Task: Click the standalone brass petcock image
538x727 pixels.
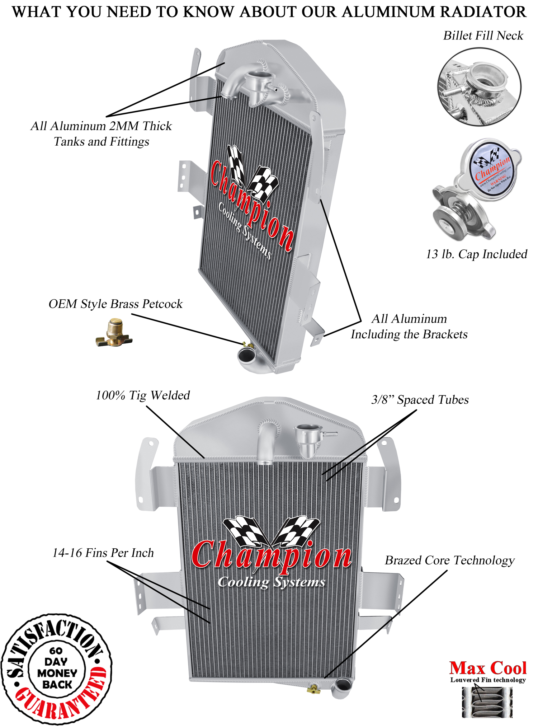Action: [114, 333]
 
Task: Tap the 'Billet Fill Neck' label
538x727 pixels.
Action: [483, 36]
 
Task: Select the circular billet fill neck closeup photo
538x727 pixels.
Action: [479, 86]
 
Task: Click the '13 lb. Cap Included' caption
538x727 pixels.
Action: [476, 254]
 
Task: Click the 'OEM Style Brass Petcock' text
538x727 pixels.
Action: [115, 304]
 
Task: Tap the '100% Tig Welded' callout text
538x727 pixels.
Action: [143, 395]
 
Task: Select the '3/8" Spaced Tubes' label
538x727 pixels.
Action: [420, 399]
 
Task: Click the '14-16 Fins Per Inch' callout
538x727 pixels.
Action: [103, 553]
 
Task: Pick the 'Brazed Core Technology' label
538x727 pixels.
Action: [449, 560]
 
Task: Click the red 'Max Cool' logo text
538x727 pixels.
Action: [487, 668]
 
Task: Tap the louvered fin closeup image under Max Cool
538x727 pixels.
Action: [487, 702]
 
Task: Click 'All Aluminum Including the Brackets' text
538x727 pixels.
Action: [409, 326]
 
